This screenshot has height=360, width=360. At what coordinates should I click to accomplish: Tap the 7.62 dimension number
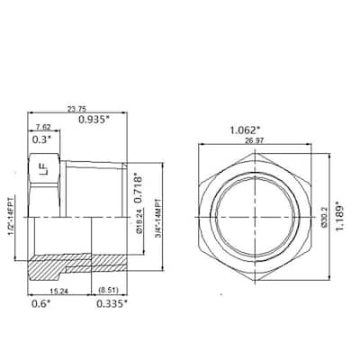point(43,129)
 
